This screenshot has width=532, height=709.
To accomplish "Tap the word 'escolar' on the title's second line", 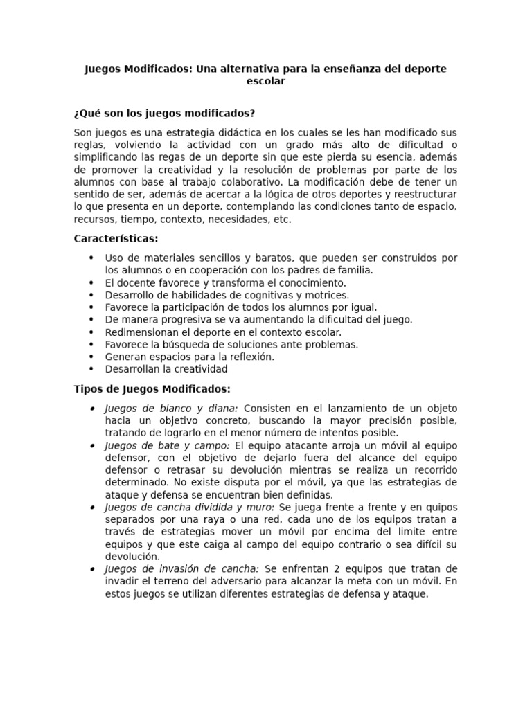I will [266, 81].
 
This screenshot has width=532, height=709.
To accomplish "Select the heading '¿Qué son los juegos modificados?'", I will [164, 113].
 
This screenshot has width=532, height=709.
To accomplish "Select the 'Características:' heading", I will [116, 239].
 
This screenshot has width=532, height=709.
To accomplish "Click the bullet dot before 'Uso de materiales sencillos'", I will [91, 258].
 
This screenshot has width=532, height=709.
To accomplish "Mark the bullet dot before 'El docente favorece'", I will [91, 282].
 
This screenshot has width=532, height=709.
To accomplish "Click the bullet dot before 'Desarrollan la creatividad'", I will [91, 369].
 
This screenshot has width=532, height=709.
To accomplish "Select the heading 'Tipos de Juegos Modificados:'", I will [152, 389].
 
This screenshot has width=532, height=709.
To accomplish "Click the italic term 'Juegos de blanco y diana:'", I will [171, 409].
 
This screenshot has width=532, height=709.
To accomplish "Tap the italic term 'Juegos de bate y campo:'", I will [168, 445].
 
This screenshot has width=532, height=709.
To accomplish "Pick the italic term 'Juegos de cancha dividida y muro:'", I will [189, 508].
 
